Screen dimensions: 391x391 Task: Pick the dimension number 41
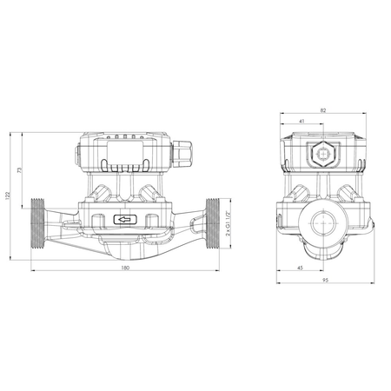click(300, 123)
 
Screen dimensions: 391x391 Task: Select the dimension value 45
click(300, 268)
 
